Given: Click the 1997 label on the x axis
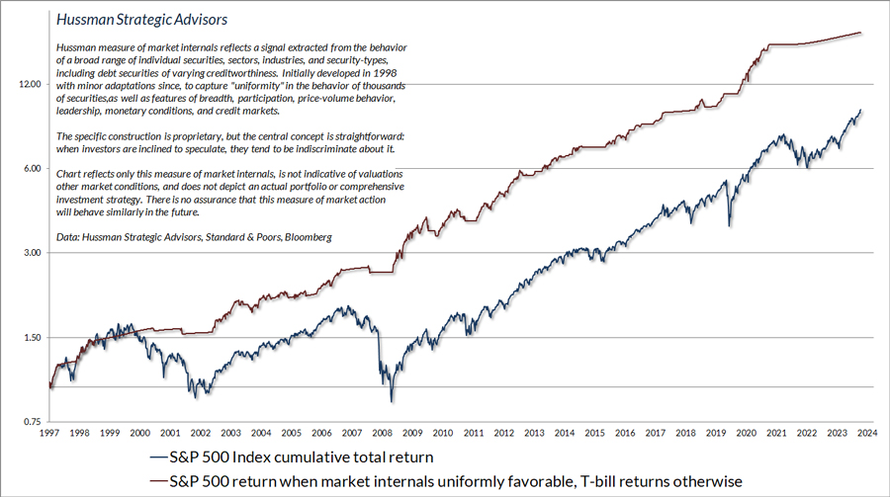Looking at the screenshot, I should coord(48,434).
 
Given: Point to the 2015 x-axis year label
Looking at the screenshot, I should coord(596,434).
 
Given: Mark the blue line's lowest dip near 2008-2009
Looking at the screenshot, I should coord(392,401).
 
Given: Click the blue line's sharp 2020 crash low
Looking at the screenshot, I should coord(730,226).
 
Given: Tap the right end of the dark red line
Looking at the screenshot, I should coord(861,33).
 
